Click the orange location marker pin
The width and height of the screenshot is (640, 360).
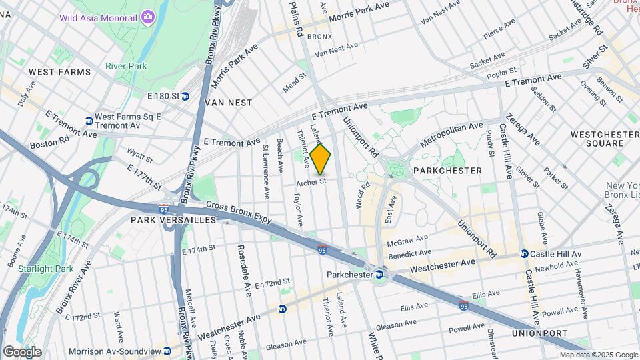pyautogui.click(x=321, y=159)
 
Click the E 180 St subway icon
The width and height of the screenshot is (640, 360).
pyautogui.click(x=185, y=96)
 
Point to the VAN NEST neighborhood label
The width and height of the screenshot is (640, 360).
pyautogui.click(x=229, y=103)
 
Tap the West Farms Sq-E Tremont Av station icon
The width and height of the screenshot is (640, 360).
pyautogui.click(x=89, y=121)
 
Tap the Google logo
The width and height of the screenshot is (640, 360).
pyautogui.click(x=22, y=351)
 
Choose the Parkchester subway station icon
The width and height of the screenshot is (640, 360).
pyautogui.click(x=379, y=275)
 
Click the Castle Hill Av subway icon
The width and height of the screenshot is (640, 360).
pyautogui.click(x=525, y=254)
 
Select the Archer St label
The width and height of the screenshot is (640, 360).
pyautogui.click(x=312, y=181)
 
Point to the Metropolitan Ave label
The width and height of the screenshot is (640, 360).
pyautogui.click(x=452, y=133)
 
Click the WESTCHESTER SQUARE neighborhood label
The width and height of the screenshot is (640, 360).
pyautogui.click(x=605, y=141)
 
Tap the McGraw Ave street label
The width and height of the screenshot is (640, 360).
pyautogui.click(x=407, y=239)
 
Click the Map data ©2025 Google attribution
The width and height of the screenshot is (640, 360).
pyautogui.click(x=598, y=355)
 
